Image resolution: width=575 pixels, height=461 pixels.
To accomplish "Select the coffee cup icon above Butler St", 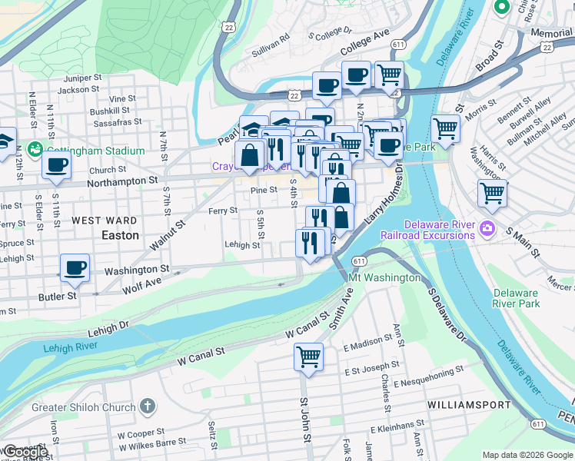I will tap(75, 268).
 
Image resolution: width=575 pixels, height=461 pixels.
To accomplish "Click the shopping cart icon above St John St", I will tap(308, 356).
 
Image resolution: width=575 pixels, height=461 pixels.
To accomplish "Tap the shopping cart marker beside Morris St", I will tap(445, 128).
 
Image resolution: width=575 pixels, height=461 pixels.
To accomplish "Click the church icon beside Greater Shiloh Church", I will tap(148, 406).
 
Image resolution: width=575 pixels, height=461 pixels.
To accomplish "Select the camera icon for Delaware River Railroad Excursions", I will tap(487, 229).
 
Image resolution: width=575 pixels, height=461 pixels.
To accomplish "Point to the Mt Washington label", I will tap(384, 277).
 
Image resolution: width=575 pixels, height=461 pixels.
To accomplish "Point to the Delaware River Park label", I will tap(516, 298).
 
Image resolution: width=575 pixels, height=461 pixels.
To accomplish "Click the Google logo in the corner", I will tap(25, 452).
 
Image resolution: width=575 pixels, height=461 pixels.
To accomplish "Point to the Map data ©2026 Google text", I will tap(527, 455).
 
